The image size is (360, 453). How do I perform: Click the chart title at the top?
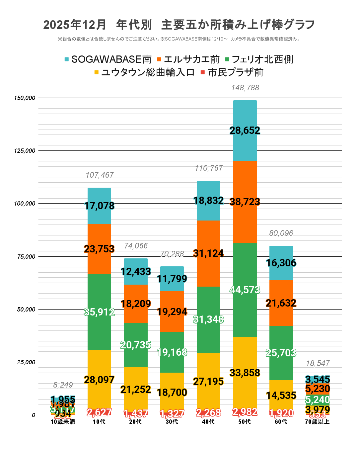click(179, 25)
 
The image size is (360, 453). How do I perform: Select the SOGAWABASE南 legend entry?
click(108, 59)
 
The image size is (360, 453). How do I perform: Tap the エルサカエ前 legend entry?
click(188, 59)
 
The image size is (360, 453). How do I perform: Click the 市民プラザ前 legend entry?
click(232, 72)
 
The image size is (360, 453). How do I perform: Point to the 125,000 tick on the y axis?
click(25, 151)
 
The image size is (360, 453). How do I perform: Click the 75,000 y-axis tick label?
click(26, 256)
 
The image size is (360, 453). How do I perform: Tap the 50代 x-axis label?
click(245, 422)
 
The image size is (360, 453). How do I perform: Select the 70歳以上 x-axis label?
click(317, 422)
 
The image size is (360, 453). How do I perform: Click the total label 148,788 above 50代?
click(245, 88)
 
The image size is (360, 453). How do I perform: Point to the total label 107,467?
click(100, 175)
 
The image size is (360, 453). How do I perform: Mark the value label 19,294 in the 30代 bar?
click(172, 312)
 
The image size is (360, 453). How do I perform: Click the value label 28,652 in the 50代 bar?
click(245, 130)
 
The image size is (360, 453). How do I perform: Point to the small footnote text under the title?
click(179, 39)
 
